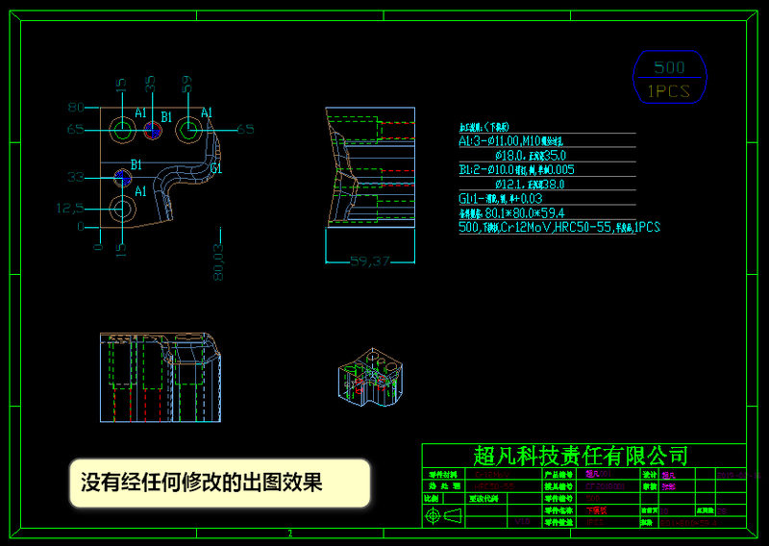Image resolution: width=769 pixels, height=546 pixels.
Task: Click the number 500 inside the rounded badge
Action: click(x=669, y=67)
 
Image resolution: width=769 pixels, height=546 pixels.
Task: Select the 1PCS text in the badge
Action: click(x=669, y=91)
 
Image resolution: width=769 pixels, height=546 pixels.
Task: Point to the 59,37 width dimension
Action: click(x=368, y=261)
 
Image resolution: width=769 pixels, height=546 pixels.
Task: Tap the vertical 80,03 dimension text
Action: click(x=218, y=261)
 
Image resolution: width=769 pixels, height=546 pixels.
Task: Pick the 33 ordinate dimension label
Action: click(x=76, y=177)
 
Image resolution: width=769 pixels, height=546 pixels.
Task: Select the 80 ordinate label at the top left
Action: click(x=76, y=107)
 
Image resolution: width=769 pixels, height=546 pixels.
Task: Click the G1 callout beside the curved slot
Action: click(x=216, y=169)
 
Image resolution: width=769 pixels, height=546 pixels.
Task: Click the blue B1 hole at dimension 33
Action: click(x=121, y=177)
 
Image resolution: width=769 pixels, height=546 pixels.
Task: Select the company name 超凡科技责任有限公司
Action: click(x=582, y=456)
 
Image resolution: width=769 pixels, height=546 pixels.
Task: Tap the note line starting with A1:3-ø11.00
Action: click(x=526, y=140)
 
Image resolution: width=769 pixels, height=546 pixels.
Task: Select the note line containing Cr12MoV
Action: click(x=558, y=228)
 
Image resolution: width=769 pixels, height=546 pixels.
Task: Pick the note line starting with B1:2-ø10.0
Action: click(x=523, y=169)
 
